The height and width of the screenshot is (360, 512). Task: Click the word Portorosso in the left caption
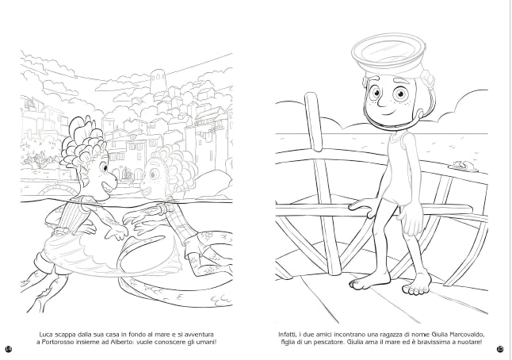tap(56, 343)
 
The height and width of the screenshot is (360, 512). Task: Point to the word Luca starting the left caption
tap(46, 335)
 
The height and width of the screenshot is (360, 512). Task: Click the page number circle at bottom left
tap(9, 349)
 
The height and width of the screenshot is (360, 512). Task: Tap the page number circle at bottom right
tap(500, 349)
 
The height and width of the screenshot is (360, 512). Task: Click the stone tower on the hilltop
tap(159, 81)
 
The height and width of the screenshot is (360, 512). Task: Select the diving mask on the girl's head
tap(388, 52)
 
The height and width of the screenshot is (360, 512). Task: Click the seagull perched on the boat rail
tap(464, 166)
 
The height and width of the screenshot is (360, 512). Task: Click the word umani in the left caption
tap(206, 343)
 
